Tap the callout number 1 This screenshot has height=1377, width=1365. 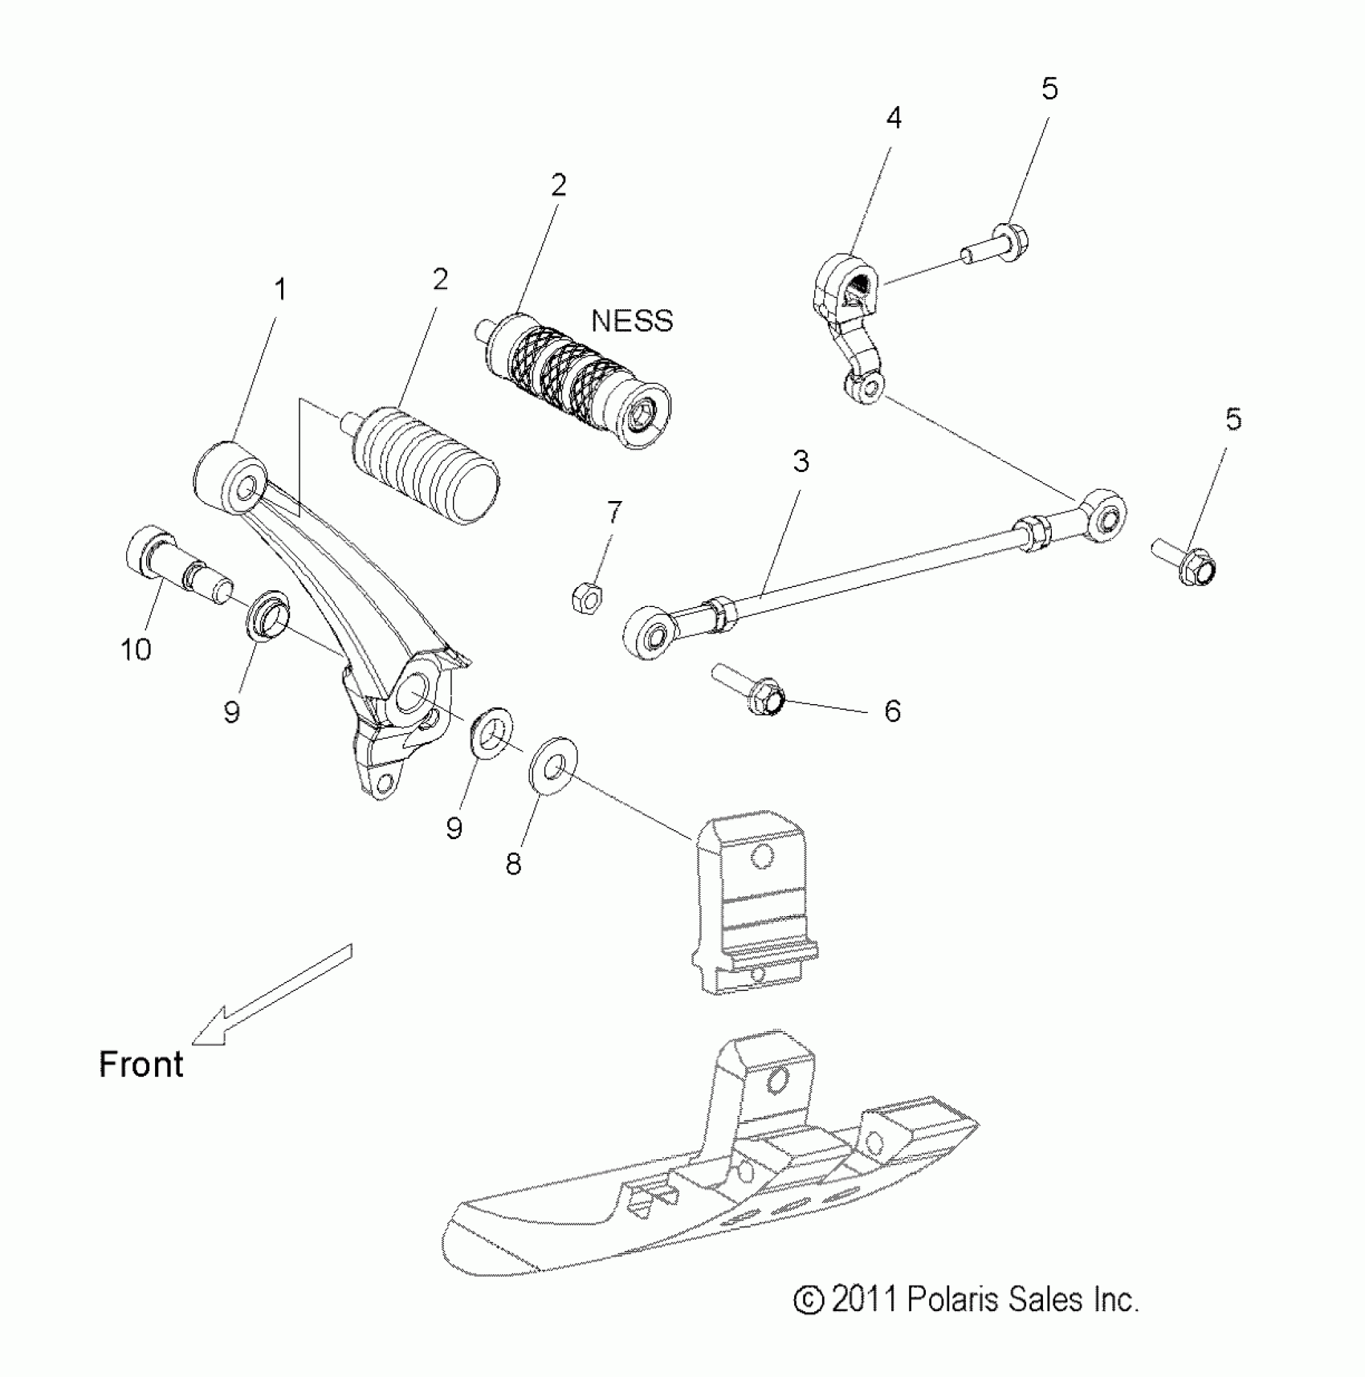tap(280, 289)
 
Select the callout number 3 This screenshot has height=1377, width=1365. tap(801, 461)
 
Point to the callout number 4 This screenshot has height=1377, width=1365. tap(894, 118)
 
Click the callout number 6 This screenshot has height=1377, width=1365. tap(892, 711)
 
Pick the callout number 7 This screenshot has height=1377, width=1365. tap(614, 511)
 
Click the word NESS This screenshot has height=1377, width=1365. tap(632, 320)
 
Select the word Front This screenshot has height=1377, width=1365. tap(141, 1065)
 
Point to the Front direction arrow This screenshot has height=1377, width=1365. tap(273, 996)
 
